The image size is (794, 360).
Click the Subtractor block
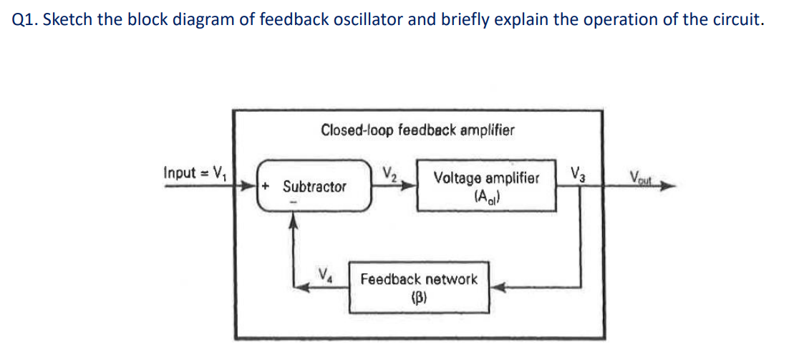coord(314,187)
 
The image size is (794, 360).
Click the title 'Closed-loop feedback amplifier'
coord(417,130)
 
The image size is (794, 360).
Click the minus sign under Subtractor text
coord(291,202)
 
